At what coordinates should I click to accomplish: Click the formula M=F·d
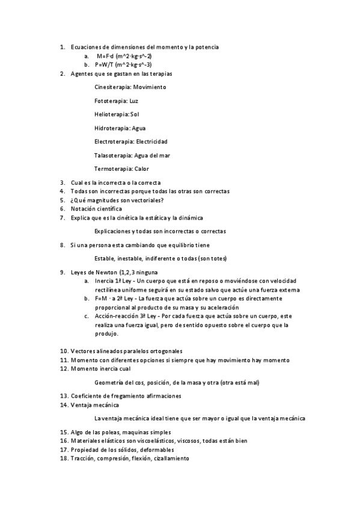click(x=105, y=55)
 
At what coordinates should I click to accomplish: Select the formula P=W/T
click(x=106, y=64)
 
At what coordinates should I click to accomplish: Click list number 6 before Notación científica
click(x=62, y=209)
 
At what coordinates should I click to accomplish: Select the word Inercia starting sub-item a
click(x=105, y=281)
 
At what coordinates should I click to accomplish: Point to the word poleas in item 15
click(x=112, y=432)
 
